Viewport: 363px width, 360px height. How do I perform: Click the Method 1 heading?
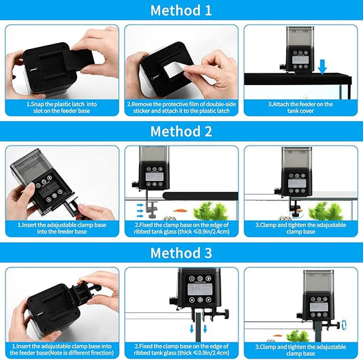point(181,11)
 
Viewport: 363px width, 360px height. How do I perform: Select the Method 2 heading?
point(181,131)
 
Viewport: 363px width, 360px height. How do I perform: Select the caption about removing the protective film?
point(181,108)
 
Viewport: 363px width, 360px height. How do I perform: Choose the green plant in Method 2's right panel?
point(326,211)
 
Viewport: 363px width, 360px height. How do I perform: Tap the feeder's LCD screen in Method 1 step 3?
point(300,59)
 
